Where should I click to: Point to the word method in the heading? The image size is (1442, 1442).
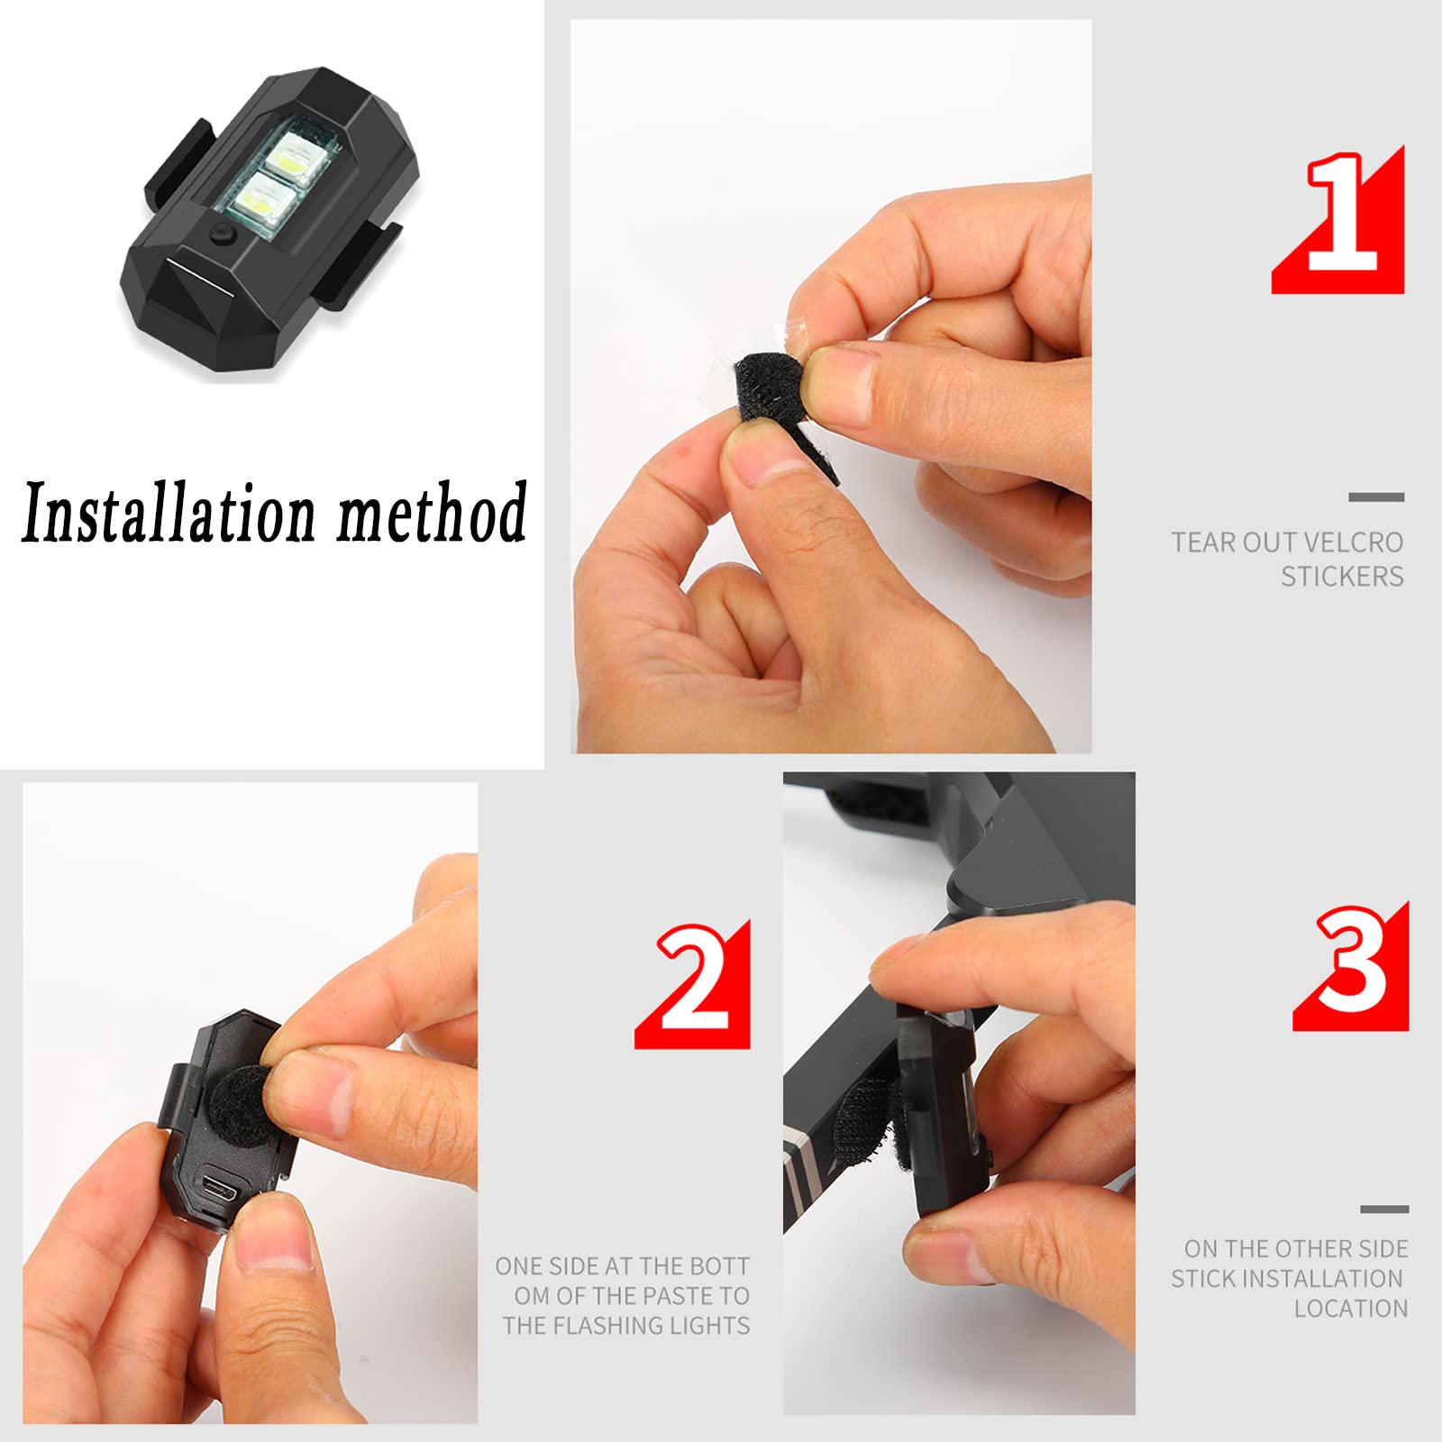pyautogui.click(x=433, y=511)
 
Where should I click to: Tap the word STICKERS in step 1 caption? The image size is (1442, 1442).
pyautogui.click(x=1343, y=576)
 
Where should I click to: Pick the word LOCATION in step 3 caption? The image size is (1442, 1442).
pyautogui.click(x=1351, y=1309)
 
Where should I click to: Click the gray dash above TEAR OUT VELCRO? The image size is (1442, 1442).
pyautogui.click(x=1376, y=497)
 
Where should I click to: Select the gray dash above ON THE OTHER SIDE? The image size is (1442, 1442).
pyautogui.click(x=1384, y=1209)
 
